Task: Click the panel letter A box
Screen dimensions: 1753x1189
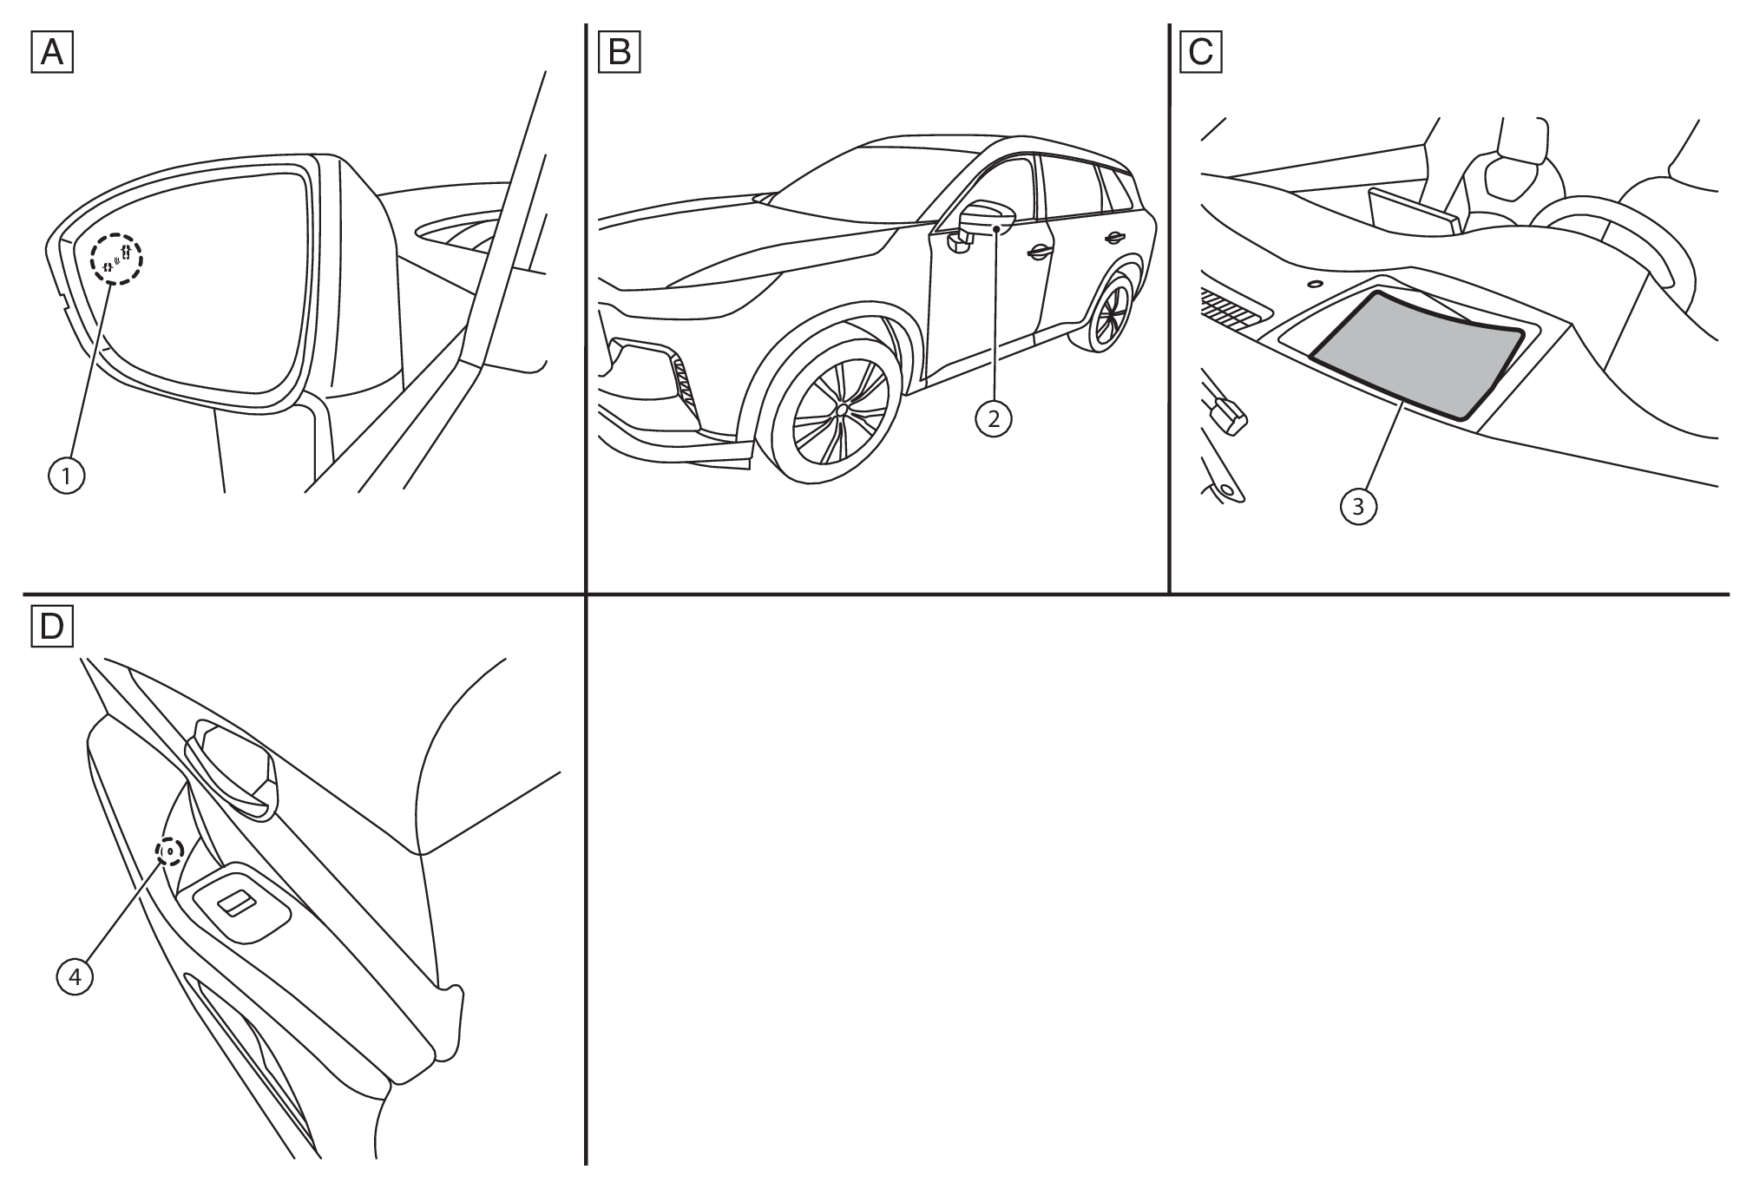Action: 52,52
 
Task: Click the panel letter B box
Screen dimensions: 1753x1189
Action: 620,52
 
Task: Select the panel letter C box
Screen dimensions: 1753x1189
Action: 1201,52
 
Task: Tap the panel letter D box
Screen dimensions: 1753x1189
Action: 52,626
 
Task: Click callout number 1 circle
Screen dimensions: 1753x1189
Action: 67,475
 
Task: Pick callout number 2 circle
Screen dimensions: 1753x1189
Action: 994,419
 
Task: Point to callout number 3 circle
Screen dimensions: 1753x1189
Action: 1358,507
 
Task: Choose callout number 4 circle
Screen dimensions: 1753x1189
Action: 75,976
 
